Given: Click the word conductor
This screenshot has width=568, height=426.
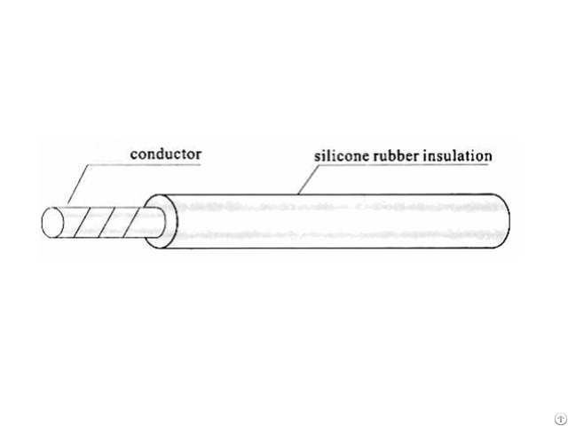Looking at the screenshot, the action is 166,154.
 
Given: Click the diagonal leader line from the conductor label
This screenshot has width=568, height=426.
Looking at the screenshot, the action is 78,184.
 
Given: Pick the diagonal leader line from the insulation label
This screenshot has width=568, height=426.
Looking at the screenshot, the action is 308,179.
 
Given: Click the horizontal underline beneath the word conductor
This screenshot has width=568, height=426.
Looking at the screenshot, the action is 144,165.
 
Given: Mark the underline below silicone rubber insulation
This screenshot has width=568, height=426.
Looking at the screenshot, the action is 403,165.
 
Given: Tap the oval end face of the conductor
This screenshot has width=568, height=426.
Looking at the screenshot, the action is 52,223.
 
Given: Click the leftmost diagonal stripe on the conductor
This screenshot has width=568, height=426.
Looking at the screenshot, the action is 81,223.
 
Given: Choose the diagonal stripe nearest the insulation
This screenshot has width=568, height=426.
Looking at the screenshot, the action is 131,223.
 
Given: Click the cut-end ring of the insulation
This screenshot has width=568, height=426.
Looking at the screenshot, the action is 161,221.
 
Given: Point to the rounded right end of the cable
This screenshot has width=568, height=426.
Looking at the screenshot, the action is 503,221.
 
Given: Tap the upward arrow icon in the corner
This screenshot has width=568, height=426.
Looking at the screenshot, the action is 560,419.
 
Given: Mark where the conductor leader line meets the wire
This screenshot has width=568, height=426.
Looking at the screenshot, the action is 68,203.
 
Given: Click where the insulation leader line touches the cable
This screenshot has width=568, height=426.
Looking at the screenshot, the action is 298,194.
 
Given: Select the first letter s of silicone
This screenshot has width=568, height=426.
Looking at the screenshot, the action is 317,158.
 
